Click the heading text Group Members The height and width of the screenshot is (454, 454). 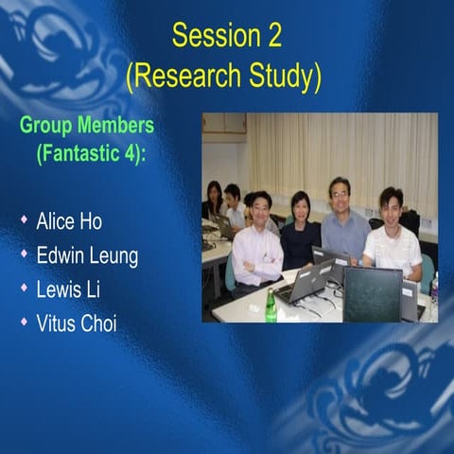click(87, 126)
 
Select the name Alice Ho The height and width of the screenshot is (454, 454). click(69, 222)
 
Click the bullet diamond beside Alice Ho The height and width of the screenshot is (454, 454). click(25, 221)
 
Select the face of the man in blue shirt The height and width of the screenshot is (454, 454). click(339, 193)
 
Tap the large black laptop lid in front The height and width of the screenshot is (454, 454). click(372, 293)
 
